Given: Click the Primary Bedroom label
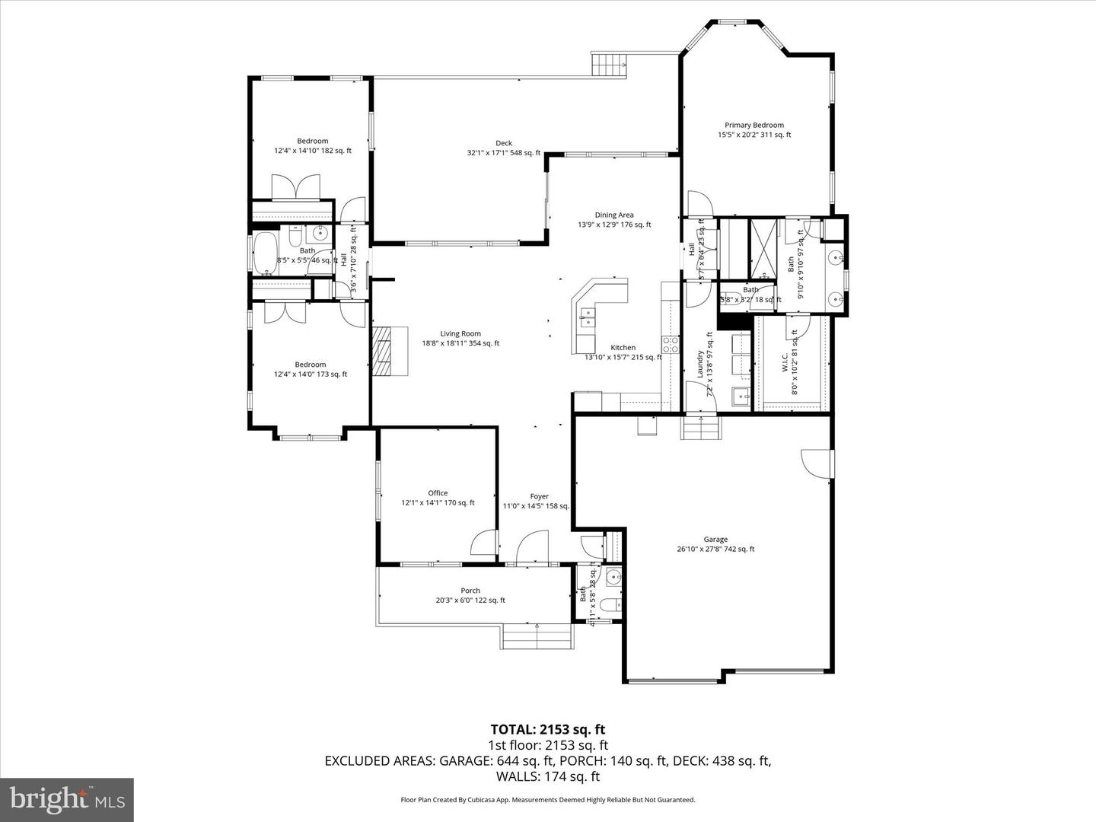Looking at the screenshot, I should pyautogui.click(x=753, y=126).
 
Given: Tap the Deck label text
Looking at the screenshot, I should pyautogui.click(x=504, y=143).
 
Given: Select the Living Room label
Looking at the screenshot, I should pyautogui.click(x=460, y=333).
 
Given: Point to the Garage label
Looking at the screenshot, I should pyautogui.click(x=715, y=540).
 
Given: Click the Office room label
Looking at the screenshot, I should pyautogui.click(x=438, y=493).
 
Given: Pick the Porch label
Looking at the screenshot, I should pyautogui.click(x=470, y=591).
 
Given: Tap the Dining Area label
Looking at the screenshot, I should pyautogui.click(x=614, y=215).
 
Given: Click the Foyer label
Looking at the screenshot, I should pyautogui.click(x=539, y=497).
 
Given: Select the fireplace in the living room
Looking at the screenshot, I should pyautogui.click(x=389, y=351).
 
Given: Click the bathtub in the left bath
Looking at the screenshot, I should pyautogui.click(x=266, y=251).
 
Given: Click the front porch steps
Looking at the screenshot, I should pyautogui.click(x=537, y=636).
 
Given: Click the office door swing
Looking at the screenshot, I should pyautogui.click(x=484, y=543).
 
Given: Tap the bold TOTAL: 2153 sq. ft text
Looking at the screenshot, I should pyautogui.click(x=548, y=730).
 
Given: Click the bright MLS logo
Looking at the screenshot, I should pyautogui.click(x=67, y=799).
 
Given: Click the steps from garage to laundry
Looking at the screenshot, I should pyautogui.click(x=699, y=428).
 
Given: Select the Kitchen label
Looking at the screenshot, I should pyautogui.click(x=623, y=348).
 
